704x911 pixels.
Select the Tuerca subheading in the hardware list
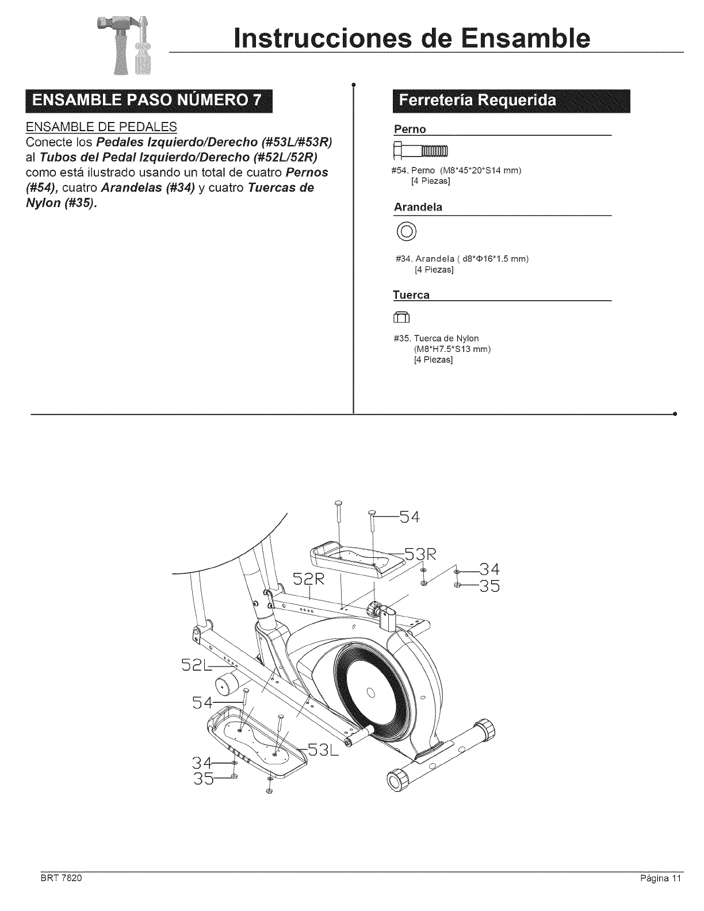click(x=411, y=295)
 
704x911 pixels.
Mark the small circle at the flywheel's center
click(x=371, y=691)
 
